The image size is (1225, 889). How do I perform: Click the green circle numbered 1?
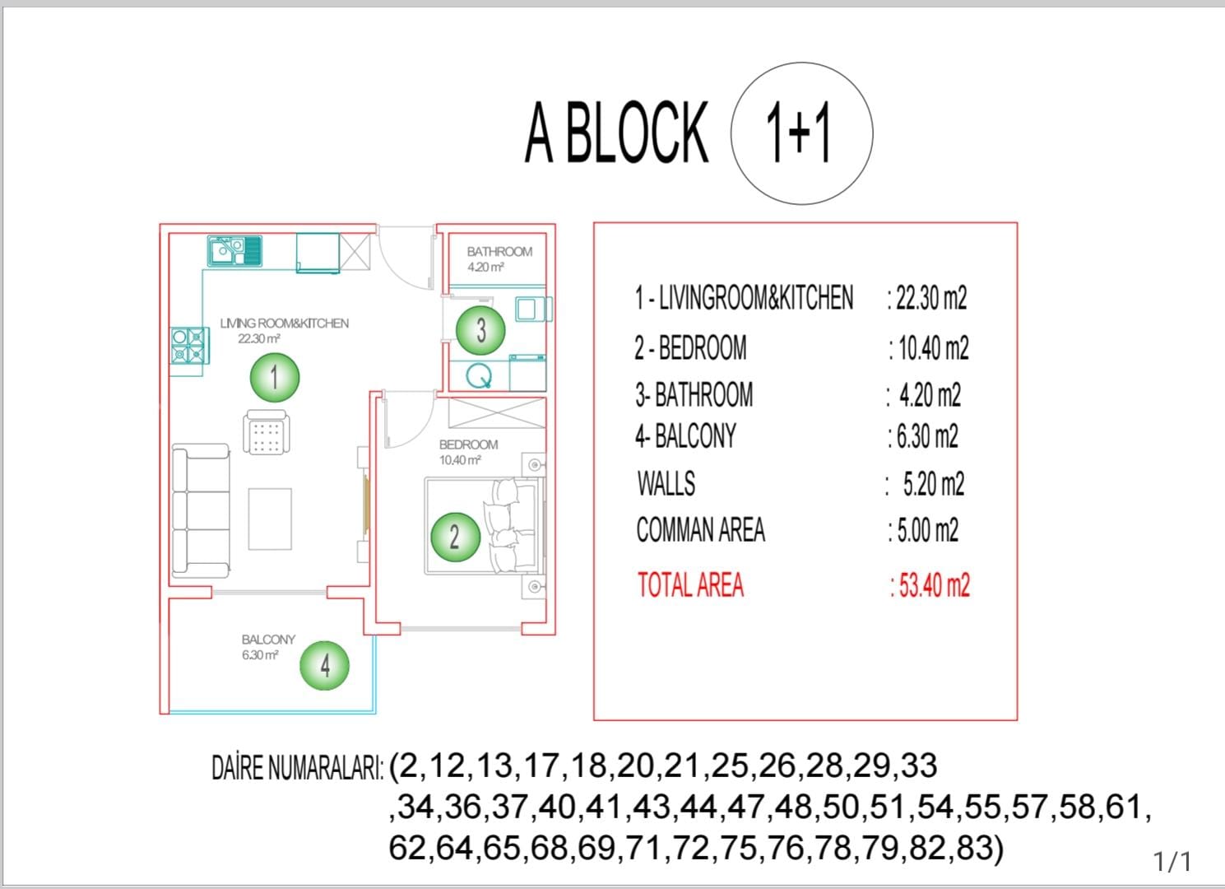275,377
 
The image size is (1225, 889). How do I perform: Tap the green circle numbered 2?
456,537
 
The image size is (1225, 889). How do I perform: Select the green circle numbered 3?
480,330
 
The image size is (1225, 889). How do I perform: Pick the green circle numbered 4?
324,665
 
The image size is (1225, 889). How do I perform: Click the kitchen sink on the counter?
234,251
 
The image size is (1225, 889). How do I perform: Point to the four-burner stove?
189,346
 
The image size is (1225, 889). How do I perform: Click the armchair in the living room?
267,432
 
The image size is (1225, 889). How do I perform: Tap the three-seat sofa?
201,511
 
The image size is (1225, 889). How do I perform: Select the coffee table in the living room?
270,519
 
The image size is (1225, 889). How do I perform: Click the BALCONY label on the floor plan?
268,640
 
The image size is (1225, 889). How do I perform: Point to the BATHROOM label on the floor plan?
500,252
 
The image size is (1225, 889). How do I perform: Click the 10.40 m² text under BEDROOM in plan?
460,460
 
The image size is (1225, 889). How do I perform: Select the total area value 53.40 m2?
930,584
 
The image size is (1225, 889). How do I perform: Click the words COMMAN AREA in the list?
701,529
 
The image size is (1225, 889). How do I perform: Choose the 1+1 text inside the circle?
799,133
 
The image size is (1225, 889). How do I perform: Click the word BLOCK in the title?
637,133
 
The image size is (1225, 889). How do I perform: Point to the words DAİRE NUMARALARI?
298,767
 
